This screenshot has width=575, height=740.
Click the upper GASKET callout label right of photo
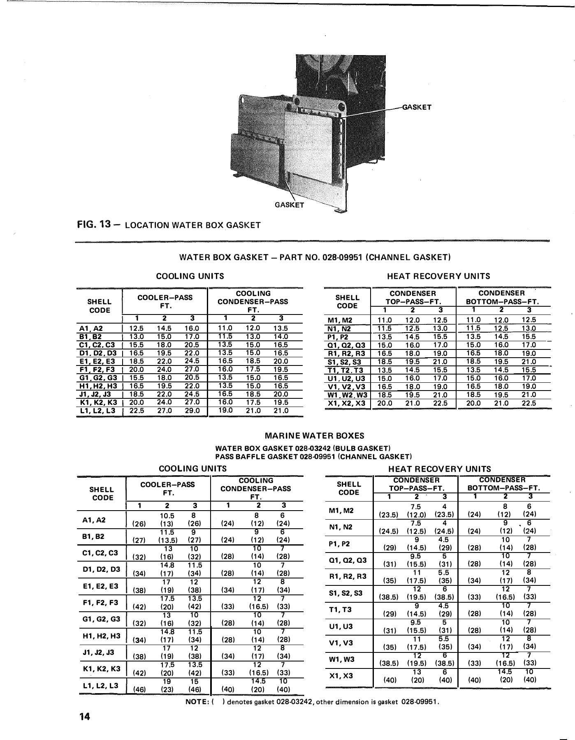pyautogui.click(x=416, y=107)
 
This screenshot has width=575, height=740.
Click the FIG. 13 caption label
pyautogui.click(x=97, y=225)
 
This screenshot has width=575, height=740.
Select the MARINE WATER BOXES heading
pyautogui.click(x=315, y=436)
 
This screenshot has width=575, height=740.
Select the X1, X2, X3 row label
pyautogui.click(x=348, y=403)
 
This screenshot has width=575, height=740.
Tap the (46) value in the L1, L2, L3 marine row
pyautogui.click(x=140, y=690)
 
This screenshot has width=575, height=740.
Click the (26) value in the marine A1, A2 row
pyautogui.click(x=140, y=524)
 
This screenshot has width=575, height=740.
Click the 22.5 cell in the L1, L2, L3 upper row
pyautogui.click(x=137, y=411)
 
